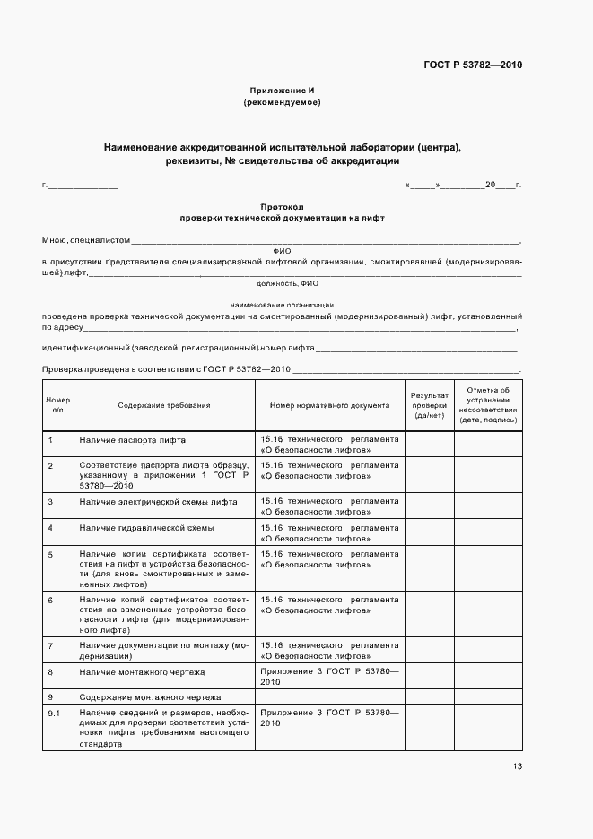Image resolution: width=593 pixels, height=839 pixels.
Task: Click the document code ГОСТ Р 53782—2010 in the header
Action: click(472, 65)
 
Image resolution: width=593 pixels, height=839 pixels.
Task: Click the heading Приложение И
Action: click(282, 91)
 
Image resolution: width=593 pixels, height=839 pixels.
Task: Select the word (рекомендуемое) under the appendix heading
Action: click(282, 103)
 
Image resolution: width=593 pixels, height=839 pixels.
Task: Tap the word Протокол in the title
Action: click(282, 206)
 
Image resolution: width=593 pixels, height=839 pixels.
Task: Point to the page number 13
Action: click(517, 765)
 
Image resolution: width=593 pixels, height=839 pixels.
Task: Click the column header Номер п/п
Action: click(57, 405)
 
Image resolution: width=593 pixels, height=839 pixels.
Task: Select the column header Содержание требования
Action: click(164, 405)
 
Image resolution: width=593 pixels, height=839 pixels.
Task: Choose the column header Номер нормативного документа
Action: click(329, 405)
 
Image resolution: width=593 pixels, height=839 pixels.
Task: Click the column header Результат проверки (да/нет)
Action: click(429, 405)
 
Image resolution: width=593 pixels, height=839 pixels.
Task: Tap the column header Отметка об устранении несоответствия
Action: click(488, 405)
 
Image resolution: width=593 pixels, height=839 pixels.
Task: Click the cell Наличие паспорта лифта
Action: click(133, 440)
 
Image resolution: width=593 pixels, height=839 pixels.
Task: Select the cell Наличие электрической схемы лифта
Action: click(158, 501)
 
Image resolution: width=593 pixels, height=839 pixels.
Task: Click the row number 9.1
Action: click(53, 712)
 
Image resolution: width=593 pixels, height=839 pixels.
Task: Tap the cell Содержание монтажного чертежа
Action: click(150, 696)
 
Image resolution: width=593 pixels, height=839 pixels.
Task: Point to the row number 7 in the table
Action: click(50, 645)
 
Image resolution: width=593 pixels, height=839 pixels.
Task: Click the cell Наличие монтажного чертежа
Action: click(142, 671)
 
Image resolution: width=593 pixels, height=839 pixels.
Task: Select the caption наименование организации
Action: click(282, 305)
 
